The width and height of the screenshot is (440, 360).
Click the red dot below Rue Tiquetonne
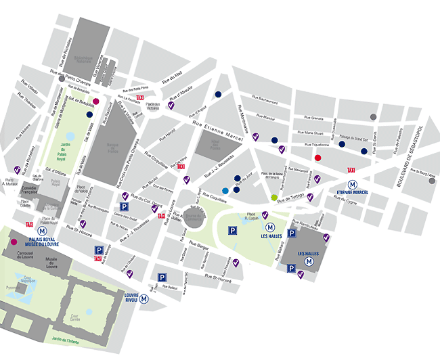coord(317,158)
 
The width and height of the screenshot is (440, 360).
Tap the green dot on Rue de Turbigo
coord(274,197)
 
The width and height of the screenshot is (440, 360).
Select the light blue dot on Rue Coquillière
coord(225,191)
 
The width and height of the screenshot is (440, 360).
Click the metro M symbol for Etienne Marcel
coord(352,183)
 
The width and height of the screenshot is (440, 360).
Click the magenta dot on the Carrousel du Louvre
coord(13,242)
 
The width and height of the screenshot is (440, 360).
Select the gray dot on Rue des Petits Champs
coord(62,78)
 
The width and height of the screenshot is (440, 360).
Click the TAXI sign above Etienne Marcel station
coord(351,171)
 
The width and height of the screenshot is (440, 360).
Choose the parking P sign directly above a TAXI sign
coord(98,250)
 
